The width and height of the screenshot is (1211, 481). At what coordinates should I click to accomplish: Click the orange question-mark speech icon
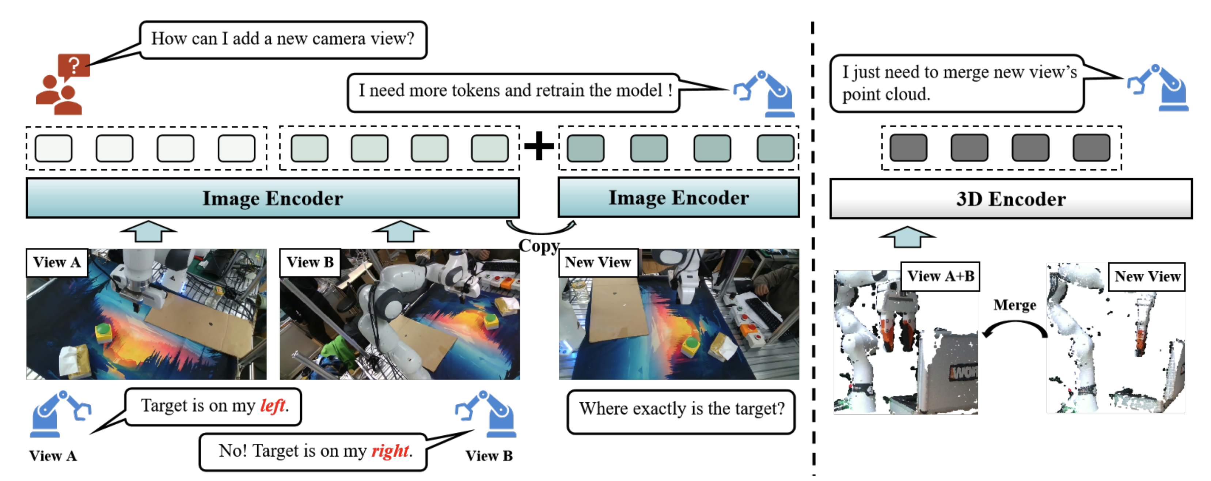(73, 65)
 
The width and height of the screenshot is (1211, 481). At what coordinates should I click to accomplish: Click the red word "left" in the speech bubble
(273, 405)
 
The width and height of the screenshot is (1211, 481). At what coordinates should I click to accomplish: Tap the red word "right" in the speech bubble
(390, 450)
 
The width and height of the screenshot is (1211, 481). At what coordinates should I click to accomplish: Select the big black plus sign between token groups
(539, 146)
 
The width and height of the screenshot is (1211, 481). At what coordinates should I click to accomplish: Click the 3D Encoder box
(1011, 199)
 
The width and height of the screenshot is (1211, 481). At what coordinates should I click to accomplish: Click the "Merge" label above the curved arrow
(1014, 305)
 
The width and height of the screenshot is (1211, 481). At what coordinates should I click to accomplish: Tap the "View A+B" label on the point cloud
(940, 276)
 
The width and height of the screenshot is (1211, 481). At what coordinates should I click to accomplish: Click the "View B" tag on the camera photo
(310, 262)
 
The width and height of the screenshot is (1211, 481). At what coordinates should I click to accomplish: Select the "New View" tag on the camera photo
(597, 262)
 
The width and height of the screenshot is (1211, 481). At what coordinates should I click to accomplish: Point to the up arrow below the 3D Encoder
(907, 236)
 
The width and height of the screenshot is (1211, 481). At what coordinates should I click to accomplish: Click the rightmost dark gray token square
(1091, 148)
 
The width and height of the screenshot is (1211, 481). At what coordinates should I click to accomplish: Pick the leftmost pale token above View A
(54, 148)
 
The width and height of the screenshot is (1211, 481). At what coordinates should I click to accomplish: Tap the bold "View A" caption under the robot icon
(53, 456)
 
